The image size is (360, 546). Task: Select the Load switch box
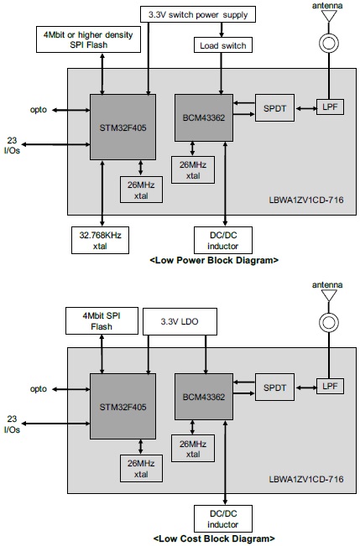[221, 45]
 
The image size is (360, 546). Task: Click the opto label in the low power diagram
[37, 109]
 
